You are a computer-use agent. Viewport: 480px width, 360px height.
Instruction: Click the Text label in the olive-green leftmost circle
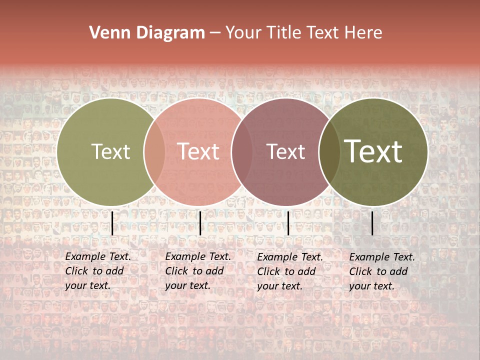coord(110,152)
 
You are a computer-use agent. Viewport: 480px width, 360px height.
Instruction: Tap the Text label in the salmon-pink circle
coord(198,152)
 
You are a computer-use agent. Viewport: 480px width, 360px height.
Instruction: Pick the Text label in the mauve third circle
coord(285,152)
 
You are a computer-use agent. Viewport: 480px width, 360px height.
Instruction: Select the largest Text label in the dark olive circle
coord(373,151)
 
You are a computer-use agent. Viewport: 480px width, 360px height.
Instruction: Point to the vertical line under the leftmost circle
coord(112,223)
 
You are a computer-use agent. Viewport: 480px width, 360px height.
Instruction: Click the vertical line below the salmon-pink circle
coord(200,223)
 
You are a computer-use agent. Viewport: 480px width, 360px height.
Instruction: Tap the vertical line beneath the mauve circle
coord(288,223)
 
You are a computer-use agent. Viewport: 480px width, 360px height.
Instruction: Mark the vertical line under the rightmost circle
coord(372,223)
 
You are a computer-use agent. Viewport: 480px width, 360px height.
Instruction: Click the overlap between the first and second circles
coord(154,152)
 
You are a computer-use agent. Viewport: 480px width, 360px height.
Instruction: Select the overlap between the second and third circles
coord(242,152)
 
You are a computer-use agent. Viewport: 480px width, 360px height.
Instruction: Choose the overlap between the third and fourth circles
coord(329,152)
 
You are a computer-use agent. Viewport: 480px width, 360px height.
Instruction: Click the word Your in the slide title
coord(244,33)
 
